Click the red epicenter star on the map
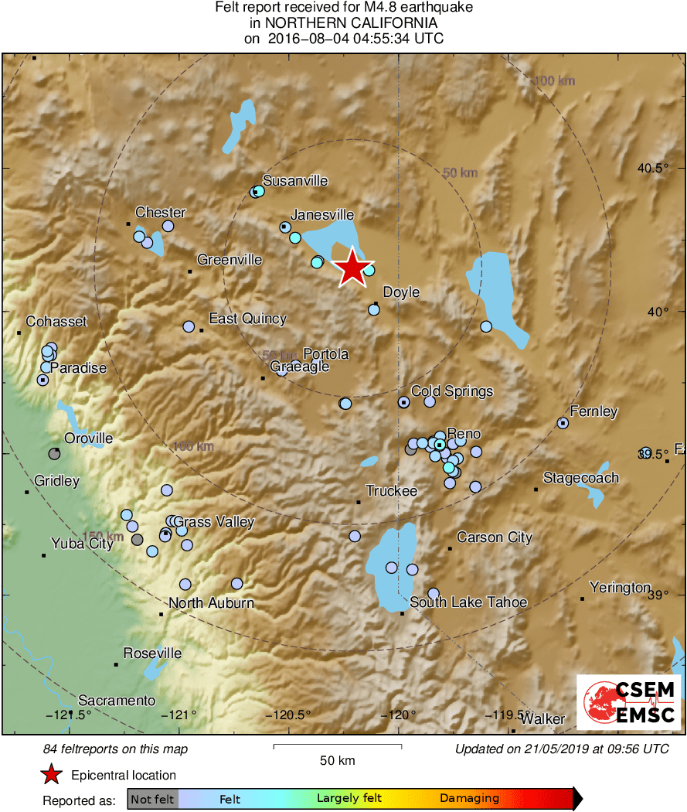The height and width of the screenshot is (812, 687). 352,268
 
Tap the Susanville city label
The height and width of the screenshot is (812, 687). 295,181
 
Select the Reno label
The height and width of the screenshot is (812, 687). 464,434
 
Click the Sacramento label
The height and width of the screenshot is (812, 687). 117,701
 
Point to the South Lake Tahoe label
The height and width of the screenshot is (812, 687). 468,602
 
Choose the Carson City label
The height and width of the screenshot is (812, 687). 495,537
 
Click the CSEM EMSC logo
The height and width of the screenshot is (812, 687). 629,702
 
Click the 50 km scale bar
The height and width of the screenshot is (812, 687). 337,746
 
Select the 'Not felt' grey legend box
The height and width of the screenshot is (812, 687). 152,799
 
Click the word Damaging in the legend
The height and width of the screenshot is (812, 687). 469,799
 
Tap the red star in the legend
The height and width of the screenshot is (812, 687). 52,774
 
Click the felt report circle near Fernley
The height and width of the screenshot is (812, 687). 563,423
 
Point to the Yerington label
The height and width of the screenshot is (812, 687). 620,588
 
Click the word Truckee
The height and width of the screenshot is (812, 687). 391,491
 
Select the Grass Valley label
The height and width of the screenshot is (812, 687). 214,522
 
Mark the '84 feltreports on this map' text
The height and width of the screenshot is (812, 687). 115,749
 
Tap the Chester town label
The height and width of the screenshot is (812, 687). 160,213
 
